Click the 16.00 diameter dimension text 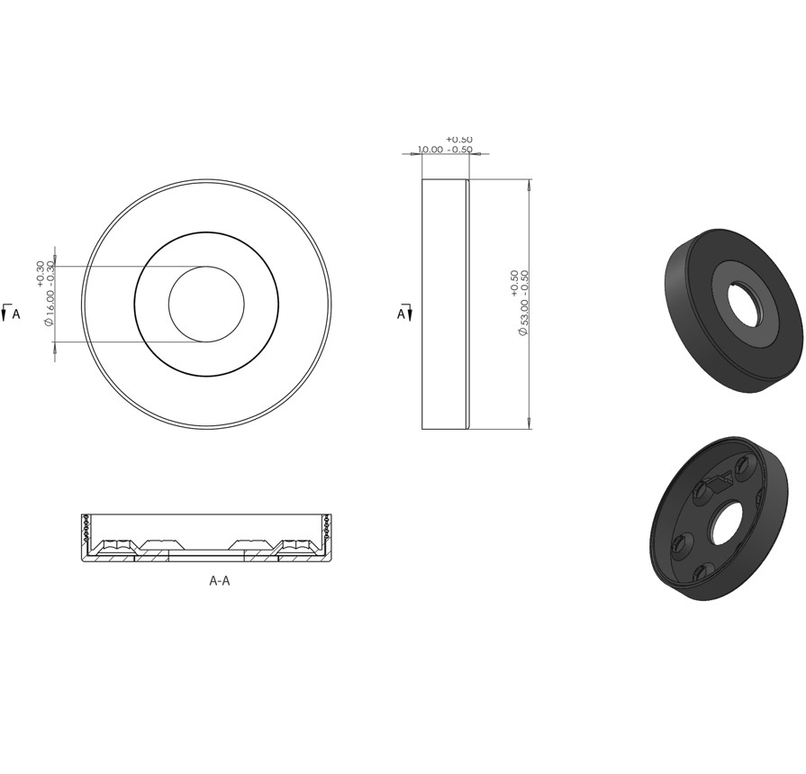click(x=50, y=300)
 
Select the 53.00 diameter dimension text click(x=524, y=304)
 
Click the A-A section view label click(x=220, y=580)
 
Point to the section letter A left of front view click(x=16, y=314)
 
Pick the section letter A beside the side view click(x=401, y=314)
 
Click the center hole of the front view click(x=206, y=304)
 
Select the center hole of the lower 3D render click(x=725, y=524)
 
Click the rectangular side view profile click(x=446, y=304)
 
